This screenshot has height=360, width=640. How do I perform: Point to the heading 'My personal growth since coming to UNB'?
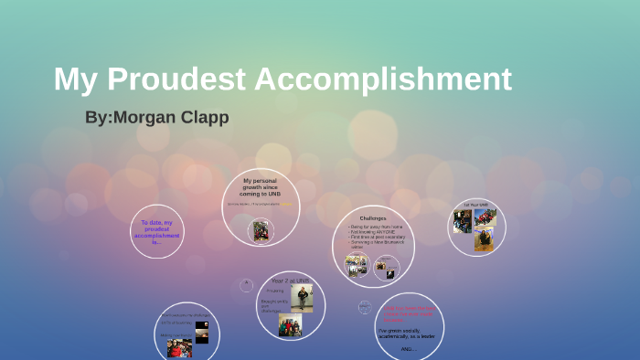click(261, 187)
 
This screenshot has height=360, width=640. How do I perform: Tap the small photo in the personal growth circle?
click(261, 230)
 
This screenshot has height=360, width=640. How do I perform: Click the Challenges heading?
click(372, 218)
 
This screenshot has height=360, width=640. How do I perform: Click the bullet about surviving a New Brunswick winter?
click(375, 244)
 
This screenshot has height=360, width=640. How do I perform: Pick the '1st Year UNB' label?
click(475, 205)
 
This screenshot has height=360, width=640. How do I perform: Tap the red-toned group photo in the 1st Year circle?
click(486, 217)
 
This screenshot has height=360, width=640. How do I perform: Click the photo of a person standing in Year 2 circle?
click(301, 298)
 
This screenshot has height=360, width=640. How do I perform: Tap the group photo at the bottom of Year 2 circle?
click(290, 325)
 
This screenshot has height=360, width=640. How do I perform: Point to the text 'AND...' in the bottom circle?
click(409, 348)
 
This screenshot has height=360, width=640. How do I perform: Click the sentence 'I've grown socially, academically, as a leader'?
click(408, 333)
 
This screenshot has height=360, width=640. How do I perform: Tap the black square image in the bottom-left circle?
click(201, 326)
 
